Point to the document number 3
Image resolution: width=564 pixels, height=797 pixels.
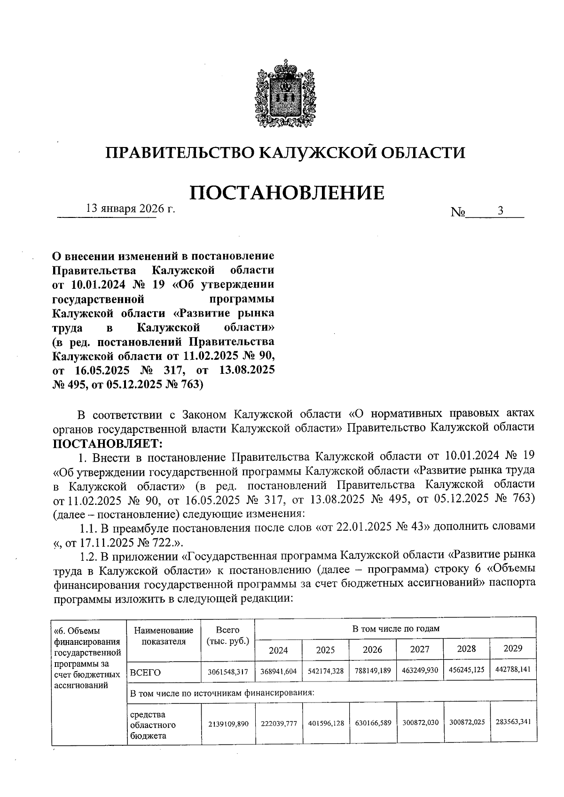(x=501, y=211)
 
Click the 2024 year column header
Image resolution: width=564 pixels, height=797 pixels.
(x=278, y=650)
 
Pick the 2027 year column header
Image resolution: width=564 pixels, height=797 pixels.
(x=420, y=649)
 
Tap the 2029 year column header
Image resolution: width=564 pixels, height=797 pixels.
(x=513, y=649)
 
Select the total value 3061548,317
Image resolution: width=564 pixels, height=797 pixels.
(x=227, y=673)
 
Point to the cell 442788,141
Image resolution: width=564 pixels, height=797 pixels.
(x=513, y=669)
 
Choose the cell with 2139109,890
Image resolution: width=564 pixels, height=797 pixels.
(x=227, y=724)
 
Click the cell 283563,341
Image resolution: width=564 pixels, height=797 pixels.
(x=513, y=721)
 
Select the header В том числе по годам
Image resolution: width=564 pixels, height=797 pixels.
(x=396, y=628)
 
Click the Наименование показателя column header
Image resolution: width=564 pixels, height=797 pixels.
(x=163, y=636)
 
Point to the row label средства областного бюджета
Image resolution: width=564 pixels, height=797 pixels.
(x=149, y=725)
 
